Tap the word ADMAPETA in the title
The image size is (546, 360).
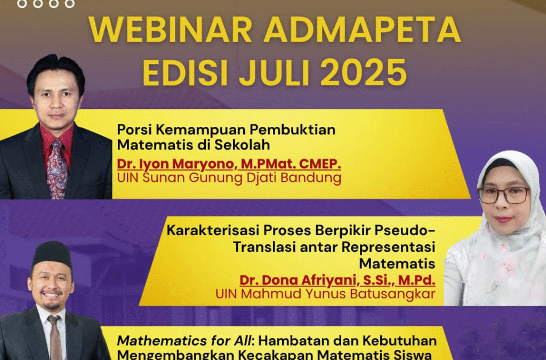click(364, 31)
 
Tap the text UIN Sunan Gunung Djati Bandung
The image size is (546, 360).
click(229, 178)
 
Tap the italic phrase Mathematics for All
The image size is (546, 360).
click(174, 340)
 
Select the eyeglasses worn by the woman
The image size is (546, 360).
click(503, 195)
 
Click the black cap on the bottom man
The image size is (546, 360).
click(52, 255)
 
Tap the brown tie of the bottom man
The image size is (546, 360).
click(54, 336)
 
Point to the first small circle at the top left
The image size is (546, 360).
click(21, 3)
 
